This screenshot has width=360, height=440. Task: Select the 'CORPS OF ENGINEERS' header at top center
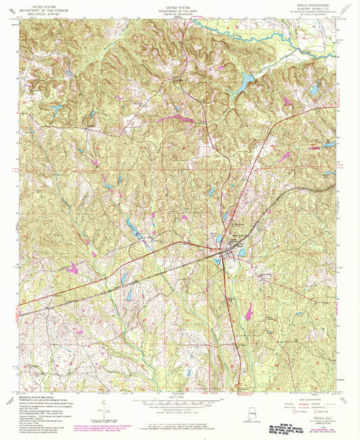(x=180, y=12)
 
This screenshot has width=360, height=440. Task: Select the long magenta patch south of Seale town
(x=249, y=310)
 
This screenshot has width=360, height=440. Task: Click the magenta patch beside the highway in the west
(x=72, y=269)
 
